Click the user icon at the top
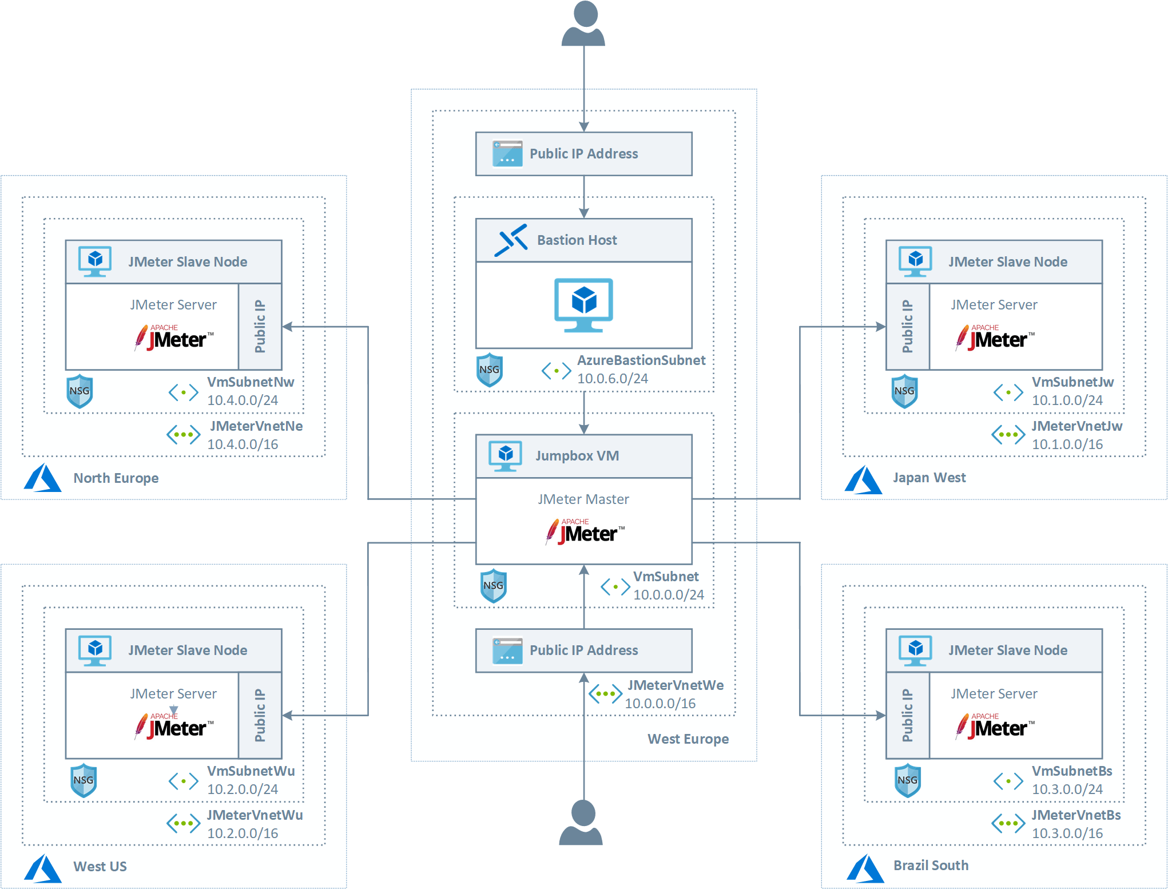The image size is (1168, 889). (x=583, y=24)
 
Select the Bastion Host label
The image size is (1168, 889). (x=577, y=240)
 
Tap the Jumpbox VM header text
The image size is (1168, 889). (x=577, y=456)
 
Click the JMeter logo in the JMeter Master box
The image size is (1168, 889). (x=584, y=532)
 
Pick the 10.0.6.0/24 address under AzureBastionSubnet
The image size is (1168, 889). (x=612, y=379)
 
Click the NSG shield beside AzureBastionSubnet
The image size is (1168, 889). (x=490, y=370)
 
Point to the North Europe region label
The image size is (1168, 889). (x=116, y=478)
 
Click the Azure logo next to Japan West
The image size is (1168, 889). (x=863, y=479)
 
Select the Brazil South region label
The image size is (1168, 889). (x=931, y=866)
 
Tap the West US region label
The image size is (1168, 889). (x=100, y=867)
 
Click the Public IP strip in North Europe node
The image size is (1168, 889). (x=260, y=327)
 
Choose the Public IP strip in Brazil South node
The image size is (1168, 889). (x=908, y=716)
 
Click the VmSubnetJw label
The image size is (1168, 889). (x=1072, y=382)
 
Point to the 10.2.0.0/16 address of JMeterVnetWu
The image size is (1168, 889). (x=243, y=834)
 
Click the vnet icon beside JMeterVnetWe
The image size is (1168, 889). (x=605, y=694)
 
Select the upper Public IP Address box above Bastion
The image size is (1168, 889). (x=583, y=154)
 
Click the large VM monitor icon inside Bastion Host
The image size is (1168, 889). (x=583, y=305)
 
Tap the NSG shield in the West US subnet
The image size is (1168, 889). (x=84, y=780)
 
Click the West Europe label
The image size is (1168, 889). (x=688, y=739)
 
